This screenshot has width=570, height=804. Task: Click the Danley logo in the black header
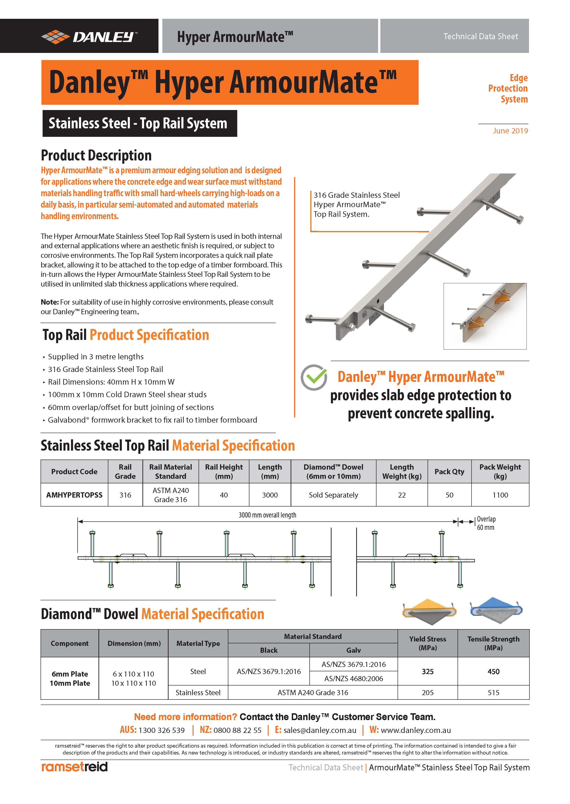point(89,36)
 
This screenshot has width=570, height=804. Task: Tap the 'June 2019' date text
point(510,131)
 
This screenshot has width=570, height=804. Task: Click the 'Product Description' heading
point(96,155)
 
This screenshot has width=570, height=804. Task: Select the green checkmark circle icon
point(314,377)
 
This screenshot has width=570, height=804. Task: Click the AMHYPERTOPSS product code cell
point(74,495)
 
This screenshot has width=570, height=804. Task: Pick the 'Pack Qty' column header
point(449,471)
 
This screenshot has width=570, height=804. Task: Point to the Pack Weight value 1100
point(500,495)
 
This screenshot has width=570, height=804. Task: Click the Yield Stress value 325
point(428,671)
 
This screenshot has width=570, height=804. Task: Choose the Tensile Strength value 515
point(493,692)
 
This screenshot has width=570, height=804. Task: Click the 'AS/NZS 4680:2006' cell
point(353,678)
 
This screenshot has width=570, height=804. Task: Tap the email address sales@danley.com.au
point(320,730)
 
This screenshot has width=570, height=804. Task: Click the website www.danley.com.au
point(416,730)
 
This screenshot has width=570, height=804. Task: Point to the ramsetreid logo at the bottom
point(74,767)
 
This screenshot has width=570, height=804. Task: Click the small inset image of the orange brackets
point(485,316)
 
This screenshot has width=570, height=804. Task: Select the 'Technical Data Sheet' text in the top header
point(480,36)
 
